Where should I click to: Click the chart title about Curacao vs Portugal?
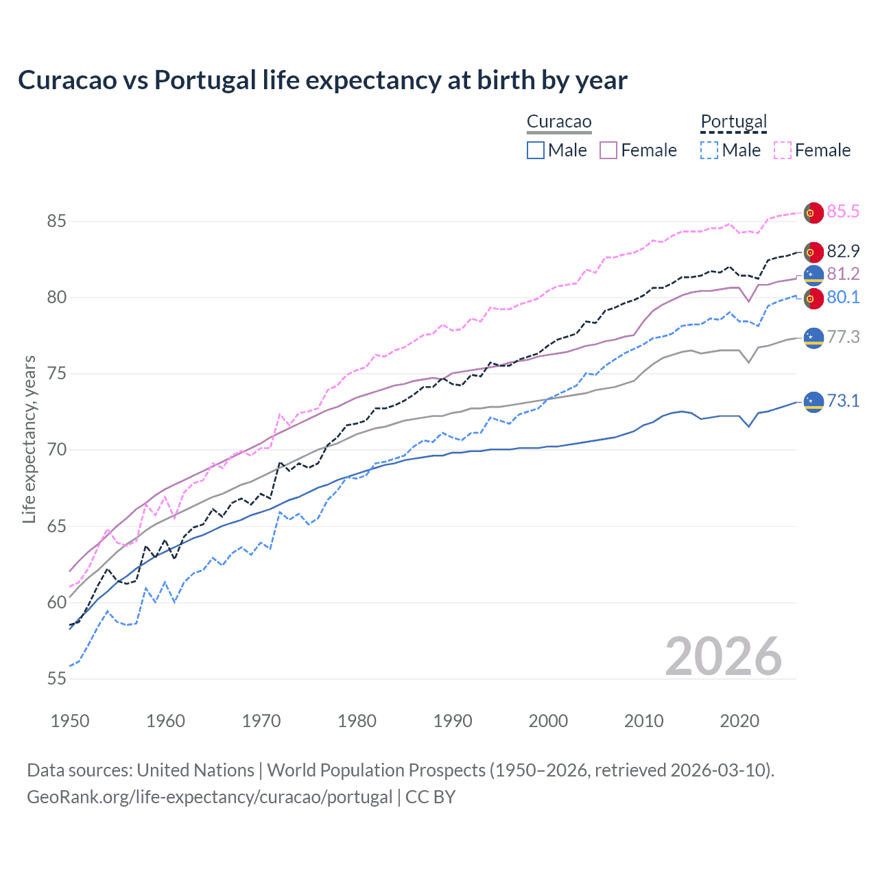point(322,80)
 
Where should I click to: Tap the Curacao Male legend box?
point(536,150)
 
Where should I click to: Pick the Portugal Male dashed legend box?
point(709,150)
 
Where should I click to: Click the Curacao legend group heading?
point(559,122)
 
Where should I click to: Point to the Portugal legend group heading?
point(733,122)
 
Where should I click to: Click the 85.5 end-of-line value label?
point(843,211)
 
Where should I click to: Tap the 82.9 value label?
point(843,251)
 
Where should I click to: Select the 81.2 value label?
point(843,274)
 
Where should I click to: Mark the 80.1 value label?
point(843,297)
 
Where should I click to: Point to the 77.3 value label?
point(843,337)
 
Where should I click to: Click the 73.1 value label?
point(843,401)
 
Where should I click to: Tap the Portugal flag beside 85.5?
point(814,213)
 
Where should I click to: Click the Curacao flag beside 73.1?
point(814,402)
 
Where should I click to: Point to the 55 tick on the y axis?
point(57,678)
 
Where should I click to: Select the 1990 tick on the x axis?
point(453,721)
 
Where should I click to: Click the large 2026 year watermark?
point(723,656)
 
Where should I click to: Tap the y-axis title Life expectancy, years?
point(29,439)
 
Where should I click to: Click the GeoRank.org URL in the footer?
point(209,796)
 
